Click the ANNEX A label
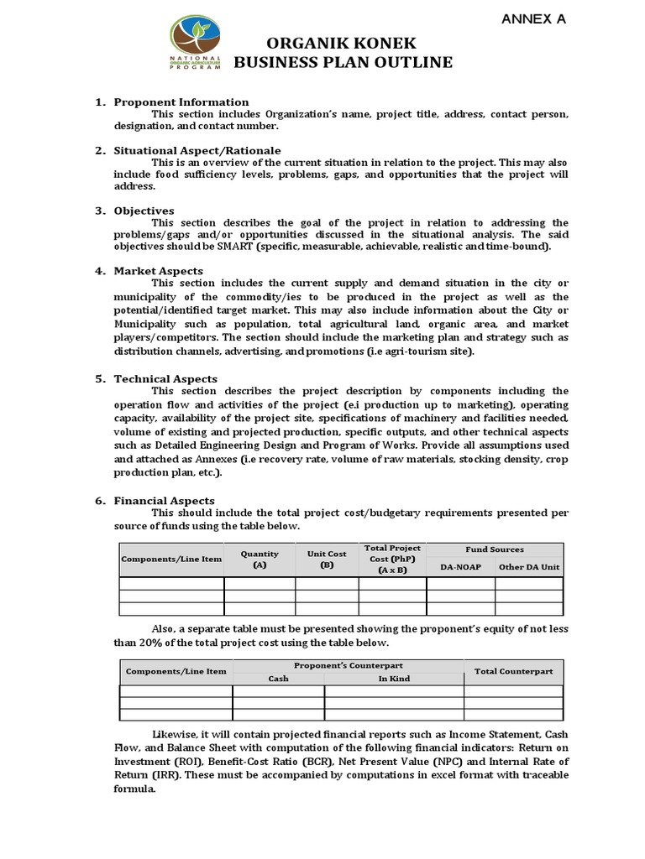pos(533,19)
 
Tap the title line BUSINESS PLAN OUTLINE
pos(342,63)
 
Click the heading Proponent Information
pos(181,102)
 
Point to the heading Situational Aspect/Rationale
pos(197,150)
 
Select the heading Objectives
pos(144,211)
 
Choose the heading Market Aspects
pos(159,271)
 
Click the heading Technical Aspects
pos(165,379)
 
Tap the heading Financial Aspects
pos(165,501)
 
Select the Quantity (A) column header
pos(260,560)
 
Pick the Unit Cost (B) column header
pos(327,560)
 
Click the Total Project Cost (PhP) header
pos(392,559)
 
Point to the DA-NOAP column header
pos(461,567)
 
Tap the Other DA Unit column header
pos(529,567)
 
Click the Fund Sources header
pos(495,549)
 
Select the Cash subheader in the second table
pos(278,679)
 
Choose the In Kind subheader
pos(393,679)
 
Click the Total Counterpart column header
pos(513,671)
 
